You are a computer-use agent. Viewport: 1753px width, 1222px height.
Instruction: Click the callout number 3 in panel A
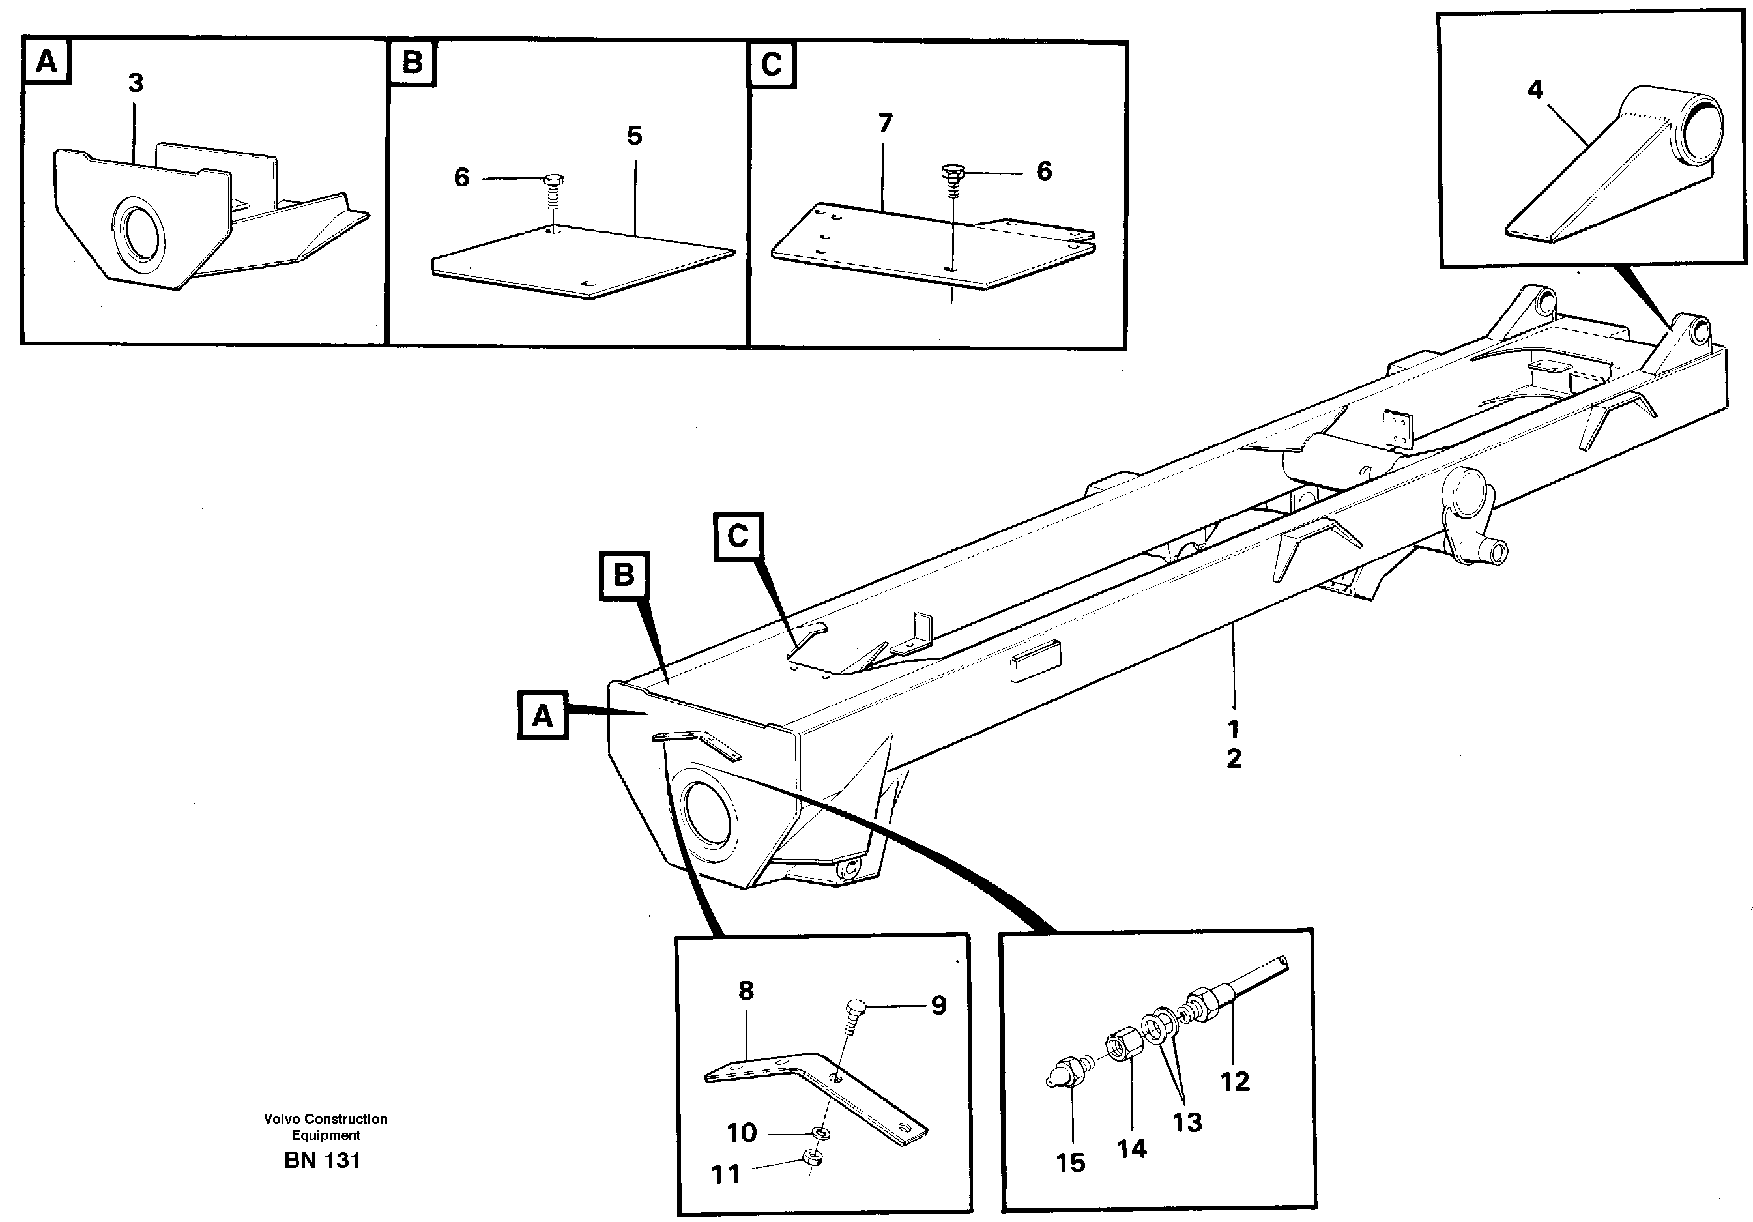tap(136, 83)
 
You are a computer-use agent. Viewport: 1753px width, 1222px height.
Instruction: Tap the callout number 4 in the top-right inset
tap(1535, 90)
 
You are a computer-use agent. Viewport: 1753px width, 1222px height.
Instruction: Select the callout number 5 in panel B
tap(635, 137)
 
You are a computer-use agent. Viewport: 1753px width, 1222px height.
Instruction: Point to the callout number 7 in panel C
tap(885, 123)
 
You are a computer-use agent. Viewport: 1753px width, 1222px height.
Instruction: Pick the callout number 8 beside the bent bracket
tap(746, 991)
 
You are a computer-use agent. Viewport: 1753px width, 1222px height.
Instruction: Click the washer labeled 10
tap(820, 1131)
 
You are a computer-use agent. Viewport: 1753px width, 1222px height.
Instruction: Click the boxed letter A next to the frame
tap(542, 716)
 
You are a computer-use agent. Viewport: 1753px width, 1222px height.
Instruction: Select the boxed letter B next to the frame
tap(624, 575)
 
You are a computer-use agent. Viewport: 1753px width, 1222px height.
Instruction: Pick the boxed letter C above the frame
tap(738, 536)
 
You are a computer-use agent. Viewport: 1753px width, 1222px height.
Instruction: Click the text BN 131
tap(322, 1160)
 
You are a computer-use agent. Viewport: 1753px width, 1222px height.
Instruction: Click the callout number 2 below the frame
tap(1234, 759)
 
